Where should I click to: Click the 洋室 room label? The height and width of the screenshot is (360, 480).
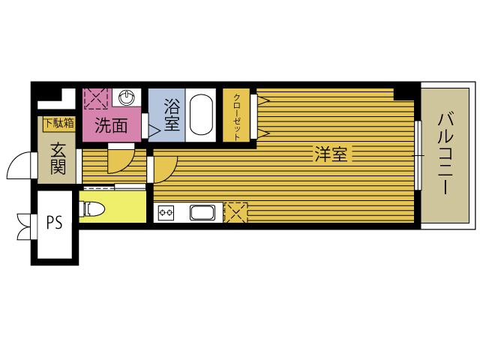[x=331, y=154]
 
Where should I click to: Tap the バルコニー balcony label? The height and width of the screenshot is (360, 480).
[x=445, y=154]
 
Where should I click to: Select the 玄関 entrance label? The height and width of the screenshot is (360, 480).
[x=58, y=158]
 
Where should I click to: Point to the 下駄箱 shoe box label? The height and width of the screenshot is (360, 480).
[x=59, y=123]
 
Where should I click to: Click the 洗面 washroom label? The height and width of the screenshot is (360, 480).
[x=111, y=125]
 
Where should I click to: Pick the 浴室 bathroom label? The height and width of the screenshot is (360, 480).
[x=172, y=115]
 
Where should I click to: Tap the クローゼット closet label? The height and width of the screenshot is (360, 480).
[x=237, y=117]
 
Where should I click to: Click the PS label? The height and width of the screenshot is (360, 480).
[x=55, y=223]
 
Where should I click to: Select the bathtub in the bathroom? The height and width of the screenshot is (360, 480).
[x=201, y=114]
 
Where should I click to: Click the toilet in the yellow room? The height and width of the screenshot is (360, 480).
[x=91, y=208]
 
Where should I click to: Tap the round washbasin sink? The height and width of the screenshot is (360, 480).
[x=127, y=97]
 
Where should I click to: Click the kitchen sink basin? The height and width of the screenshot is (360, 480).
[x=202, y=212]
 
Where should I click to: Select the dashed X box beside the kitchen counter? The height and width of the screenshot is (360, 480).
[x=236, y=212]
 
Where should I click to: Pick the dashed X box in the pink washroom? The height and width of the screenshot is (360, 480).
[x=96, y=98]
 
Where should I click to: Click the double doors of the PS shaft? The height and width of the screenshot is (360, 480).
[x=24, y=226]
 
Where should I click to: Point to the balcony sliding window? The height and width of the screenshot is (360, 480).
[x=418, y=155]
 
